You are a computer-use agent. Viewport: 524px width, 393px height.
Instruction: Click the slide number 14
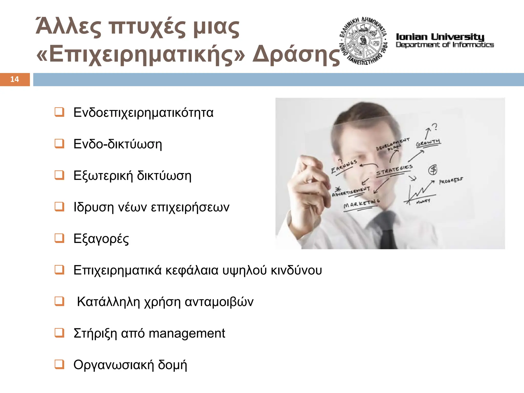point(15,79)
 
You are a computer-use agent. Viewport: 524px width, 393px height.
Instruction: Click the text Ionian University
point(440,37)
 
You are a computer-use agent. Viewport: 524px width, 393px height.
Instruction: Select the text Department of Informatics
point(445,45)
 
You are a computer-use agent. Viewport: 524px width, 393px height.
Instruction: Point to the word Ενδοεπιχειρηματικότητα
point(143,113)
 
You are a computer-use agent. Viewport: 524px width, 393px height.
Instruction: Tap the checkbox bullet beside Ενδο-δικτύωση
point(59,144)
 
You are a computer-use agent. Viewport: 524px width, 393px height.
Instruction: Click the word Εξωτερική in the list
point(103,176)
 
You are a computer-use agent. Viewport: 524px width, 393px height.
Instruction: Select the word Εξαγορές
point(101,239)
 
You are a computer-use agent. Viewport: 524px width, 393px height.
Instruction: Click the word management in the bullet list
point(187,333)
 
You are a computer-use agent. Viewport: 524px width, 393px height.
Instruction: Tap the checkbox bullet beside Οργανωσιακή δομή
point(59,364)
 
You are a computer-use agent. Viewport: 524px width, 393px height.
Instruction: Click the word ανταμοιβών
point(219,302)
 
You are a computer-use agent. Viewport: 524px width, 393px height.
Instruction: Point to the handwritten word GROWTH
point(428,143)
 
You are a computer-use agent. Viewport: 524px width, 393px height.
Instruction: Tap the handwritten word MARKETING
point(361,204)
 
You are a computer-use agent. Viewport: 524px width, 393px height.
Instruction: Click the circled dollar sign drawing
point(433,170)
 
